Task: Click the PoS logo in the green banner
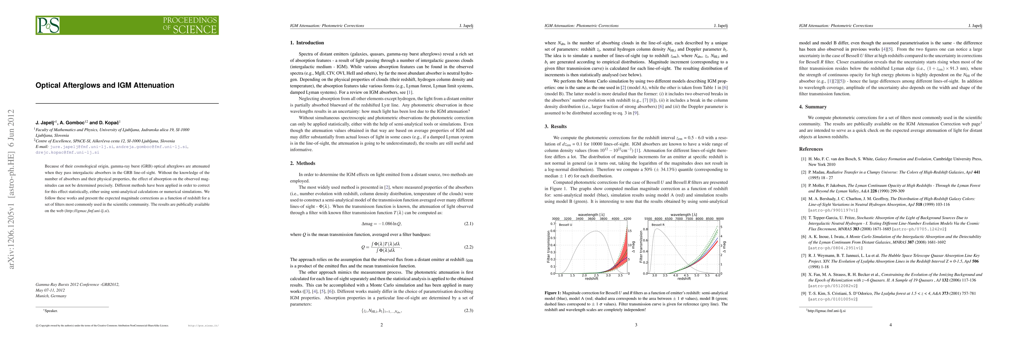point(48,25)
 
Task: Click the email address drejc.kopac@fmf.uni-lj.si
point(67,152)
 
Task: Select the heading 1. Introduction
point(307,43)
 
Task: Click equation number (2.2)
point(468,247)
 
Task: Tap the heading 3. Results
point(555,127)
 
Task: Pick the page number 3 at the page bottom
point(636,325)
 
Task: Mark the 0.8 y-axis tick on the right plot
point(645,229)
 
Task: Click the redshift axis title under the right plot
point(684,279)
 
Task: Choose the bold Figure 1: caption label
point(553,293)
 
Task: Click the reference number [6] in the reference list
point(803,237)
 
